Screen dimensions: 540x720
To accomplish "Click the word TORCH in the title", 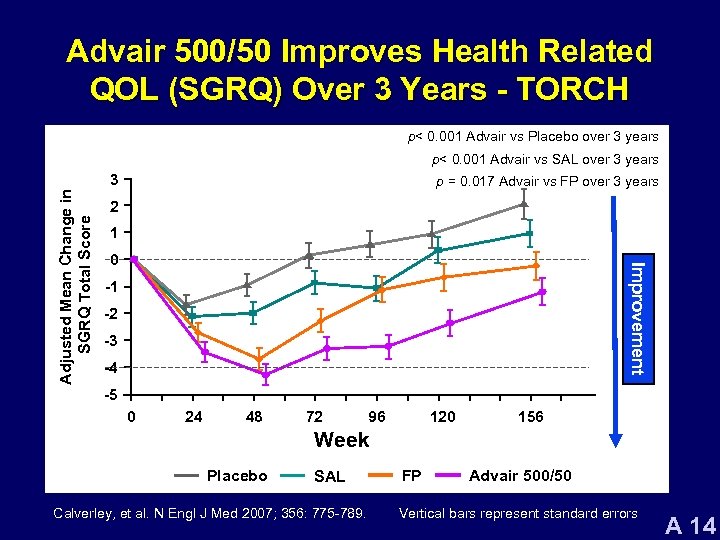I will point(571,89).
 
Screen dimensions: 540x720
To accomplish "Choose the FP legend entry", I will point(411,475).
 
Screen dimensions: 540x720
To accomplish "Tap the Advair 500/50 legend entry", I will point(520,475).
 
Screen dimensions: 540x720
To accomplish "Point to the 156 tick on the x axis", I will point(531,416).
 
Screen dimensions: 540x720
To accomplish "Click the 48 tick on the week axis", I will point(254,416).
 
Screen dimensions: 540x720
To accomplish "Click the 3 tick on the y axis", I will point(116,180).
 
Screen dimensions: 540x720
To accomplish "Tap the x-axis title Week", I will point(341,440).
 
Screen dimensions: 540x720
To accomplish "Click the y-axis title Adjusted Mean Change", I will point(76,270).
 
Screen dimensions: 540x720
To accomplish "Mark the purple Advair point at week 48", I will point(265,375).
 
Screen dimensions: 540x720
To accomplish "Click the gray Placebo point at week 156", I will point(524,204).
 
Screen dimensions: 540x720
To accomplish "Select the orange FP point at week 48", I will point(259,359).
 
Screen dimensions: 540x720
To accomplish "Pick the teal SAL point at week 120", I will point(438,250).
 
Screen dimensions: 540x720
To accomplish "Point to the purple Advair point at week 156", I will point(543,292).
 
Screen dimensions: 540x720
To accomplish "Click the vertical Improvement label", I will point(634,318).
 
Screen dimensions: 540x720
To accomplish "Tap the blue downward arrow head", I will point(617,437).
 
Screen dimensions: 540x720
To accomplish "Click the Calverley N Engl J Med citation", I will point(201,514).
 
